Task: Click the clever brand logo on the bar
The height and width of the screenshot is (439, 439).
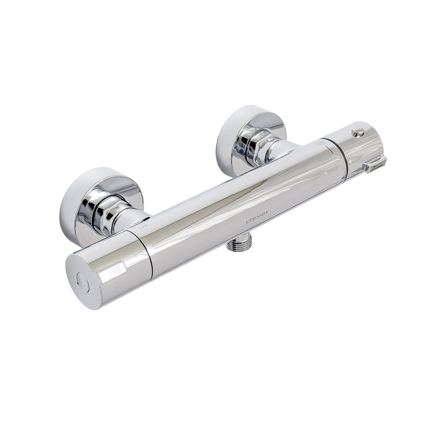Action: (257, 217)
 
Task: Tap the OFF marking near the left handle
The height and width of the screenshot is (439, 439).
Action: (143, 227)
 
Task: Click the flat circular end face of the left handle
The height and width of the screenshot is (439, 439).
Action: (83, 281)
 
